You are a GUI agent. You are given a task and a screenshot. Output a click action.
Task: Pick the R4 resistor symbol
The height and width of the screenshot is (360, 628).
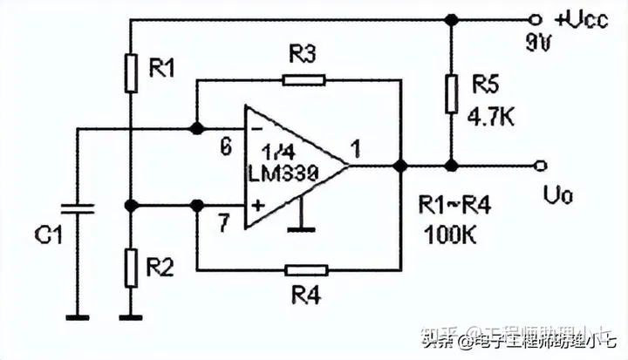point(306,269)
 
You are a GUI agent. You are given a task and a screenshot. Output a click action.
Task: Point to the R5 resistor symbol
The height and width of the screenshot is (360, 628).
point(451,93)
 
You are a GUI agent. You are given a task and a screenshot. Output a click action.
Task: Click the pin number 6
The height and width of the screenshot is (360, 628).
point(226,148)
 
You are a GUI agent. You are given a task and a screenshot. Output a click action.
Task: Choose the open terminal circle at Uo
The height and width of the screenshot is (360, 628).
point(541,165)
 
